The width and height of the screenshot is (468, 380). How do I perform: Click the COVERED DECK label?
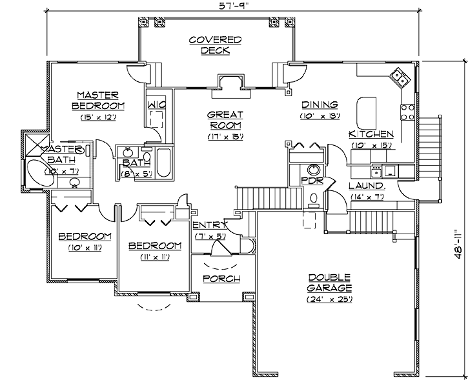click(215, 45)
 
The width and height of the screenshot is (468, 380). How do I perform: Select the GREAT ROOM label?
click(224, 120)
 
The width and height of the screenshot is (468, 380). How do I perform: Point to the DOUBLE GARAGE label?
click(330, 283)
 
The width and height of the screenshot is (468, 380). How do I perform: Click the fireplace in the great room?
click(230, 81)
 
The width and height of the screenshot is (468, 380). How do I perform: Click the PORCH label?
click(221, 279)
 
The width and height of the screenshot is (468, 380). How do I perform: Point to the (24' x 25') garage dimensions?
click(329, 300)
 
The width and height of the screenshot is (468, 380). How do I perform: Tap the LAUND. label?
click(367, 186)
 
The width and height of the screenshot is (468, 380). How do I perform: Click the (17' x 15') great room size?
click(224, 137)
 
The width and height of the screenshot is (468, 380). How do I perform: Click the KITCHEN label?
click(371, 134)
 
